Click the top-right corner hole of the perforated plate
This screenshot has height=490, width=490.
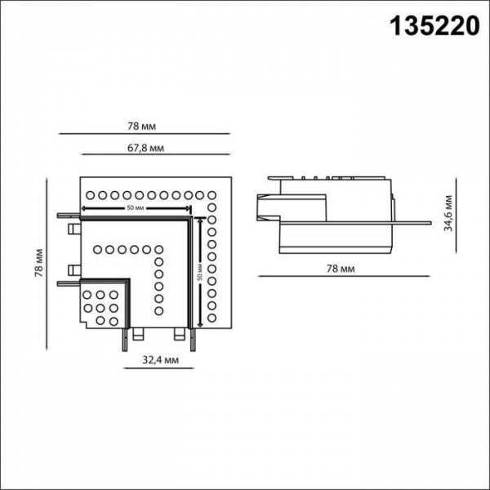[x=214, y=195]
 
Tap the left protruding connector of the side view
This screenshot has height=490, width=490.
[x=263, y=205]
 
